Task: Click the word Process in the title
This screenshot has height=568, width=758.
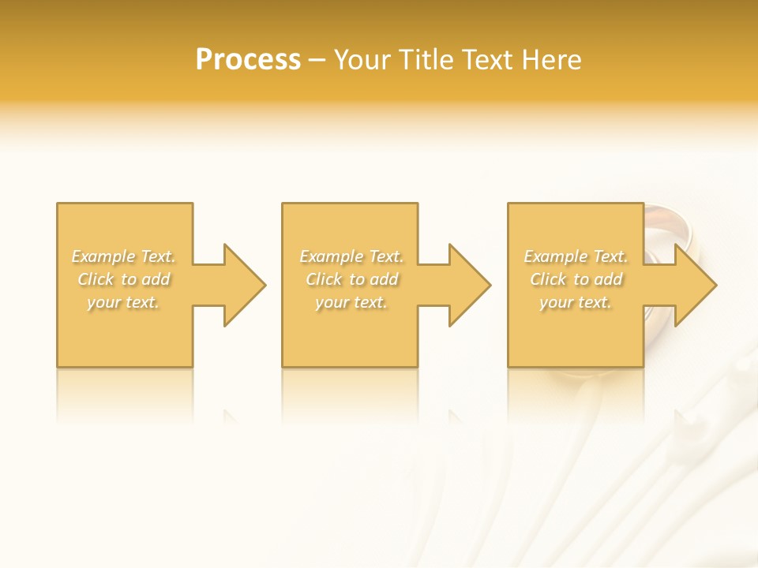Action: point(248,60)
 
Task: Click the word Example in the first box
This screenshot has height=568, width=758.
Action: point(104,256)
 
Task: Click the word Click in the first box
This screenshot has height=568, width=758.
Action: point(95,279)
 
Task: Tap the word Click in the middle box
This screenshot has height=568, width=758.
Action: point(323,279)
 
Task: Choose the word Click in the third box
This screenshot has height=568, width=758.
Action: point(547,279)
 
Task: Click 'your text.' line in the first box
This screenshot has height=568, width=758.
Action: point(123,302)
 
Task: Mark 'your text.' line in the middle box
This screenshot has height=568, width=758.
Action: point(351,302)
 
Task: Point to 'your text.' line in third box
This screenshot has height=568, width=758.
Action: point(576,302)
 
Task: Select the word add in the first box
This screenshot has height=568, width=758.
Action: point(156,279)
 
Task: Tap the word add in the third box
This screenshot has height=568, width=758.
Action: point(609,279)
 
